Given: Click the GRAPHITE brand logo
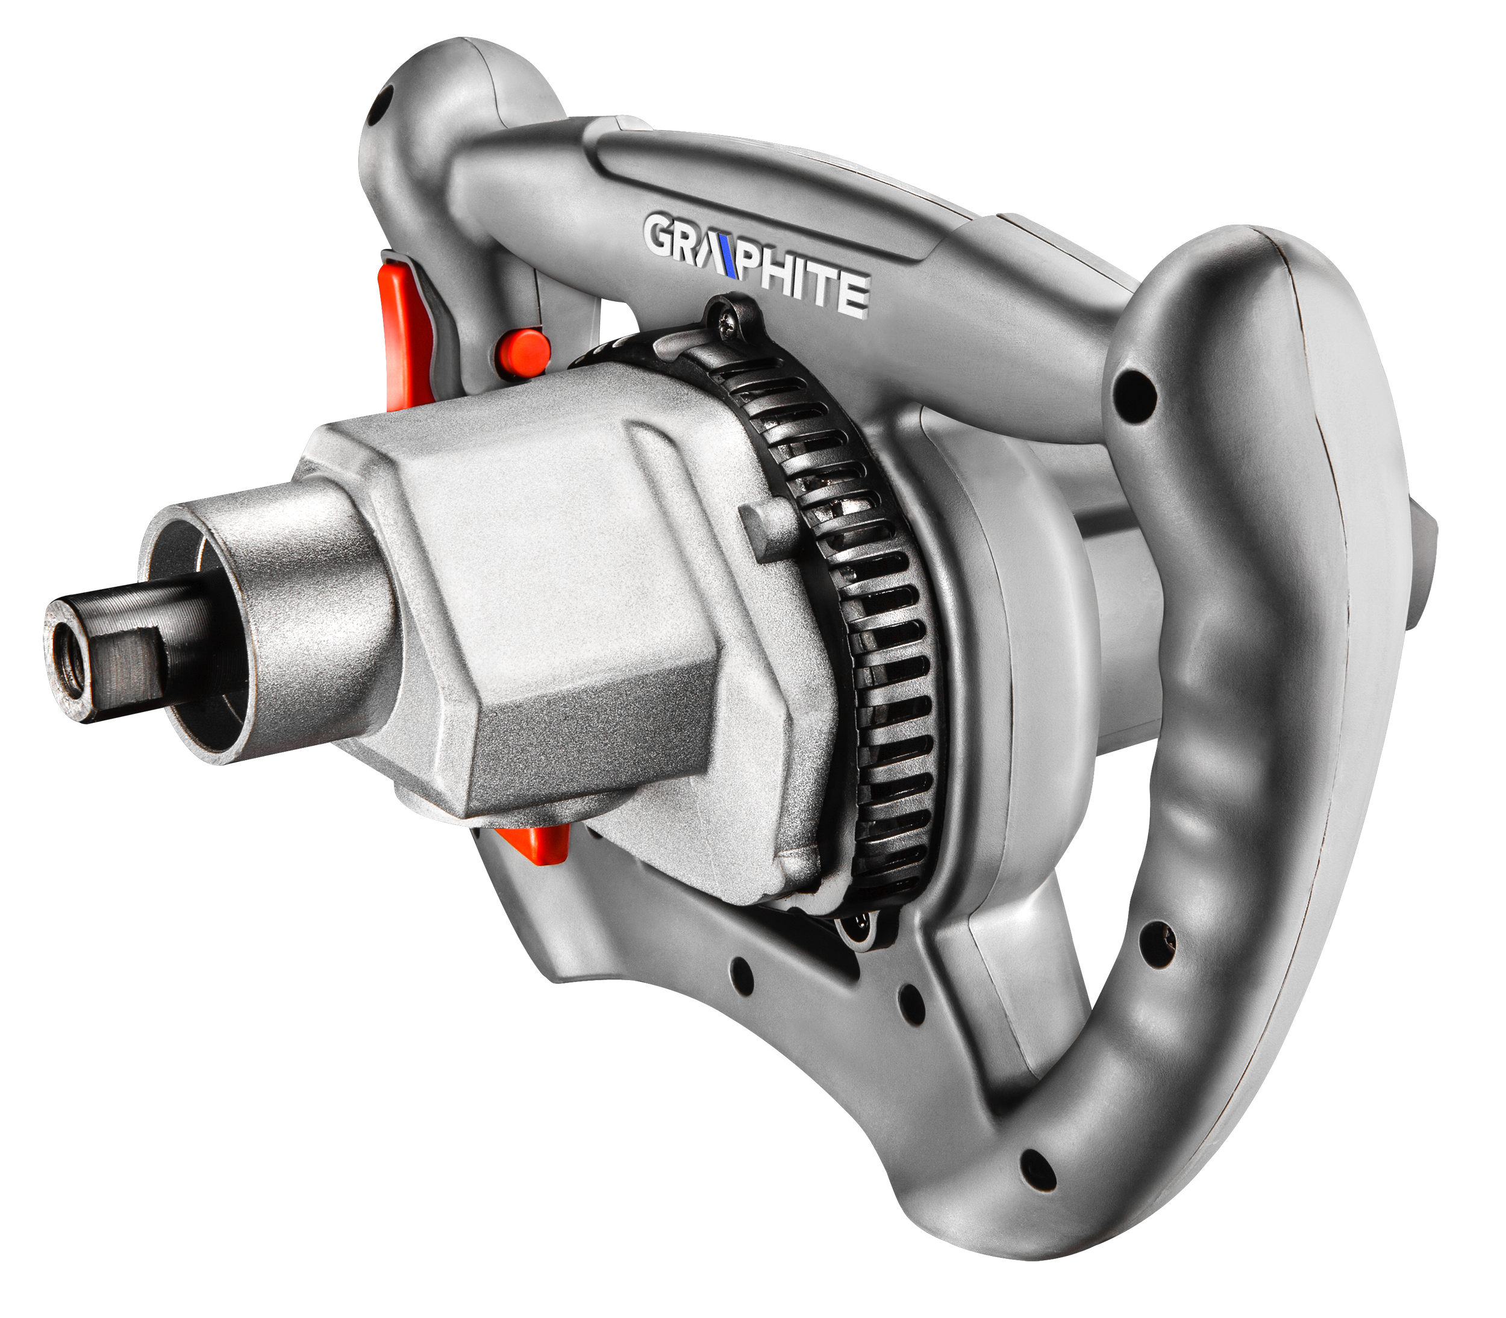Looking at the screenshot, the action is pyautogui.click(x=757, y=266).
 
